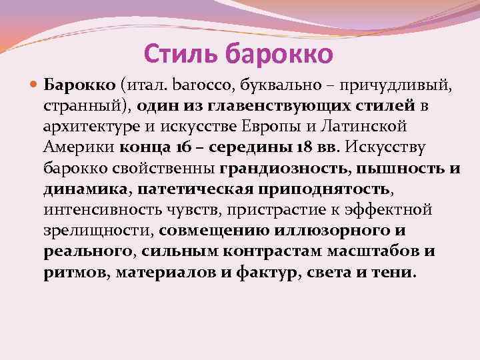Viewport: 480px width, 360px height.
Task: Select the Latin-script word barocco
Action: click(193, 85)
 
